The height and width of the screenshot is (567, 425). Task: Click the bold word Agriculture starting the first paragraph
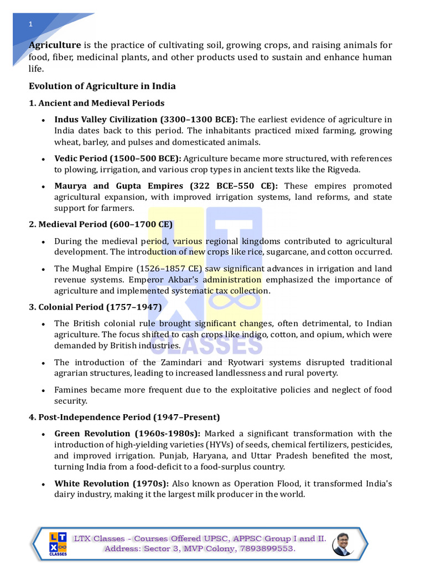point(55,45)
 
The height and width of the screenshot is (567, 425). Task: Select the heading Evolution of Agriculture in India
point(102,86)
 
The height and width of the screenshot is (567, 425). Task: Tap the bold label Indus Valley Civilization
point(106,120)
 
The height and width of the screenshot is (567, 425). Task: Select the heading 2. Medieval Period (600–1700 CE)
point(101,224)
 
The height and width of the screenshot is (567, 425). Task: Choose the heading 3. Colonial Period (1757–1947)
point(95,307)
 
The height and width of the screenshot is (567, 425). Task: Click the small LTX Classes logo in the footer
point(58,543)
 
